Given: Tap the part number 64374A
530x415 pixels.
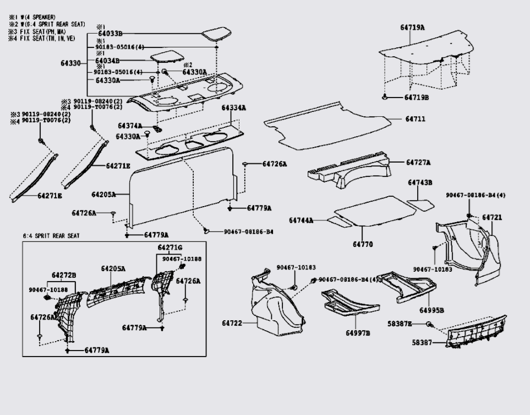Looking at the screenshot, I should [129, 126].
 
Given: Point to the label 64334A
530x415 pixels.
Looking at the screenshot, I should [234, 107].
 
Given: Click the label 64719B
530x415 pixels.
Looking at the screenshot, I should [417, 98].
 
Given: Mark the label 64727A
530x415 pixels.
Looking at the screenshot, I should [418, 163].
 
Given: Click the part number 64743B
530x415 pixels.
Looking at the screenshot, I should [420, 182].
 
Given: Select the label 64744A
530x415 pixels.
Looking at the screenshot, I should [301, 220].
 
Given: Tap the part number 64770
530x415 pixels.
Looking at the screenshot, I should [363, 244].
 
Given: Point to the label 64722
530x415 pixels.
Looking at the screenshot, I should [232, 323].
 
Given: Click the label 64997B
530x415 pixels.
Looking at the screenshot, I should [358, 333].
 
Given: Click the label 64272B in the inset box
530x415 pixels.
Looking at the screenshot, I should [64, 274].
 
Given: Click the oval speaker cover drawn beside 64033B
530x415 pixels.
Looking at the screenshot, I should [218, 35].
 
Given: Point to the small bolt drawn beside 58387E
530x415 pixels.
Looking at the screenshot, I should [430, 324].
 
